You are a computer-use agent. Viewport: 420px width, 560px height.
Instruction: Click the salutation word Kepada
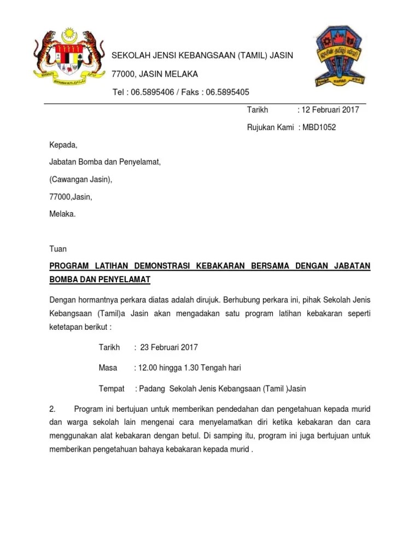(63, 145)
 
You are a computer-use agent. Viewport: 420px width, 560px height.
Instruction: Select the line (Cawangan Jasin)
(80, 179)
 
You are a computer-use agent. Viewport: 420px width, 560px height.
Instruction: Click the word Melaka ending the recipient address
(62, 214)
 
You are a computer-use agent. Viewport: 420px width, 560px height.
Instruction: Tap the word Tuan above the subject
(58, 249)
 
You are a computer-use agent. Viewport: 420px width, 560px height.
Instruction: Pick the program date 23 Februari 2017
(169, 347)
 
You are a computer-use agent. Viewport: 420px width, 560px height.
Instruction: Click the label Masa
(108, 367)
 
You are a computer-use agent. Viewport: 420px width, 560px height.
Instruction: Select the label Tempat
(112, 388)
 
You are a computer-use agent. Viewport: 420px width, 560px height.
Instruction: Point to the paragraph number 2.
(52, 409)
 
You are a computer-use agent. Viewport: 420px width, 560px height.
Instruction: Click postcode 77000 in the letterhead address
(123, 74)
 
